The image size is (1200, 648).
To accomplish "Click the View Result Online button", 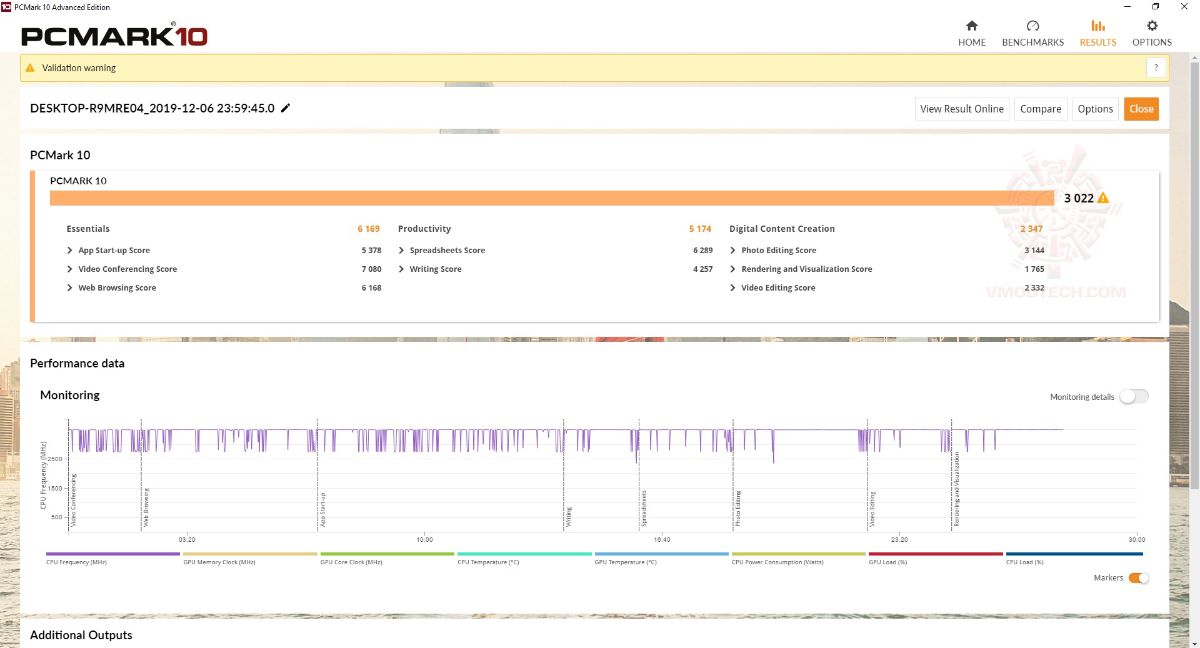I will click(961, 109).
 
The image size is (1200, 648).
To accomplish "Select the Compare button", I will click(1040, 109).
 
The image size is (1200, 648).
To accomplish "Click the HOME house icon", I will click(971, 26).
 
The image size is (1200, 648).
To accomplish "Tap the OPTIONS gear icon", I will click(1152, 26).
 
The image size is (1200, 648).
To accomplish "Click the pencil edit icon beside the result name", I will click(286, 108).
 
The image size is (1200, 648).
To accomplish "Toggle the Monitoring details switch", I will click(1134, 397).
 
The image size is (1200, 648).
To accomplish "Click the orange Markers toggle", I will click(1138, 578).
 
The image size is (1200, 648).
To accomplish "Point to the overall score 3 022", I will click(1079, 198).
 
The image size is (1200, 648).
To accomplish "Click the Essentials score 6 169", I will click(368, 229).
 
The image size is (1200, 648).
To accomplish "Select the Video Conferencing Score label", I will click(127, 269).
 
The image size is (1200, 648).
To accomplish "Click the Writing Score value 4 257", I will click(702, 269).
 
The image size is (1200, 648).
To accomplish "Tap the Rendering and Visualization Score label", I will click(806, 269).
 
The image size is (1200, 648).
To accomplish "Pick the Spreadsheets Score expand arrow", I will click(401, 250).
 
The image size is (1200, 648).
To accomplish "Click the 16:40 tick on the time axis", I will click(662, 539).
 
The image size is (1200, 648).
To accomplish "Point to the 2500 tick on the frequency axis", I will click(55, 459).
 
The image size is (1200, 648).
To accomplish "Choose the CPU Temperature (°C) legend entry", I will click(488, 562).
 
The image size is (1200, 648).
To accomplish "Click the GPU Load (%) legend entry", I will click(887, 562).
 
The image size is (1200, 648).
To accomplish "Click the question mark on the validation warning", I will click(1156, 67).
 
